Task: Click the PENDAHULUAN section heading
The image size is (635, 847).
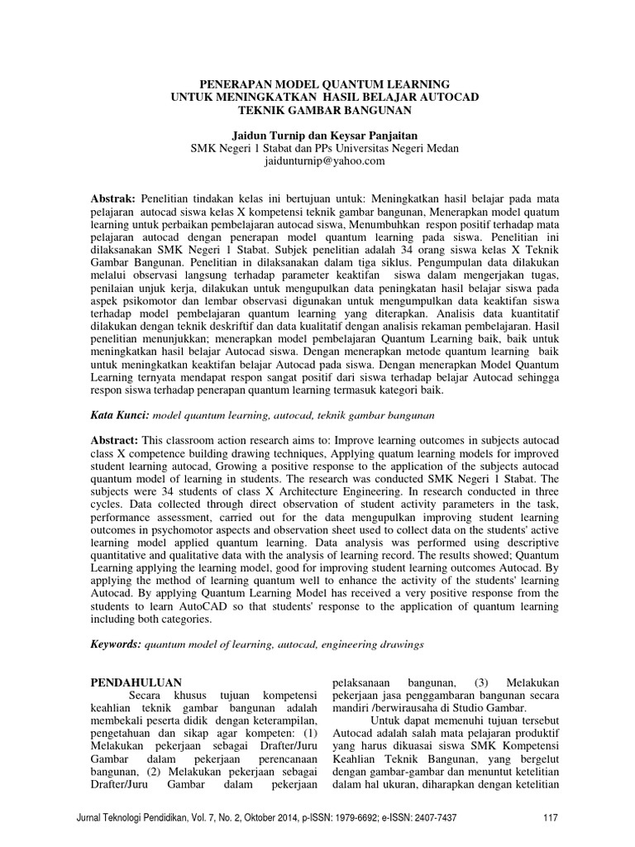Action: coord(135,682)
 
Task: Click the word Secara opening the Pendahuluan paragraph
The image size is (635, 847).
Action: coord(142,696)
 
